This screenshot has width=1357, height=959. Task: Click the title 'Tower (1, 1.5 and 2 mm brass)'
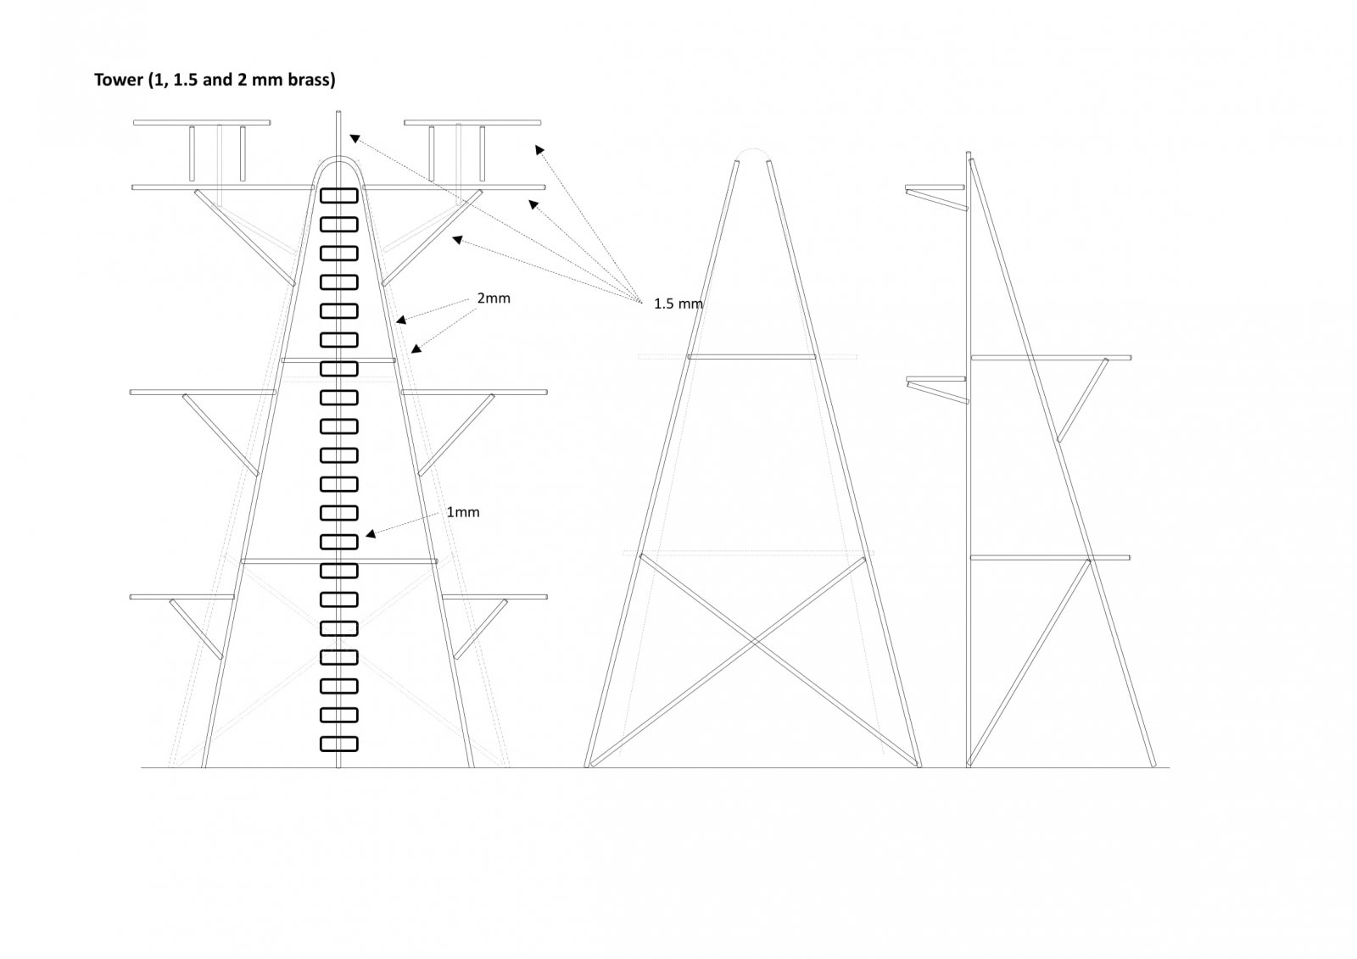215,80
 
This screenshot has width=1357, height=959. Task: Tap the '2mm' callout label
494,298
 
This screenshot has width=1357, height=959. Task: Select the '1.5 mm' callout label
678,304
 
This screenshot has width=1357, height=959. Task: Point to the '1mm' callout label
463,512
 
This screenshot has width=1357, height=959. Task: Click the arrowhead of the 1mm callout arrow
370,533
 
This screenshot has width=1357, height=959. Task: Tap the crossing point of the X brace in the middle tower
754,641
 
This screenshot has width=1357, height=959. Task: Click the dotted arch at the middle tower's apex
753,149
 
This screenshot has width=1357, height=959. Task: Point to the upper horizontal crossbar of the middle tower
751,358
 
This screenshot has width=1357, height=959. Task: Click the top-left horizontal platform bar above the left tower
202,123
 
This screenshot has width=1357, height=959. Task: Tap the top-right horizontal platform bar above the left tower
472,123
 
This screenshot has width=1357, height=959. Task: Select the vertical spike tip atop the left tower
338,112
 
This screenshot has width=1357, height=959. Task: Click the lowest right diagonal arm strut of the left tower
481,629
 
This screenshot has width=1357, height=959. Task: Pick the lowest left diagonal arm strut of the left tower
196,629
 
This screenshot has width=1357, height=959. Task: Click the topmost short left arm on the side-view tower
935,187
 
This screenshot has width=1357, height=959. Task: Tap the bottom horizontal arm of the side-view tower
1050,557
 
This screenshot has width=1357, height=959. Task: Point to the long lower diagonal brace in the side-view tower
1029,662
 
